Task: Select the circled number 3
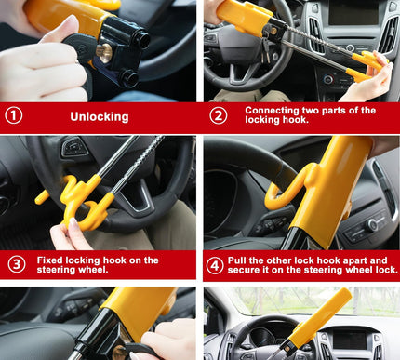(16, 265)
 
